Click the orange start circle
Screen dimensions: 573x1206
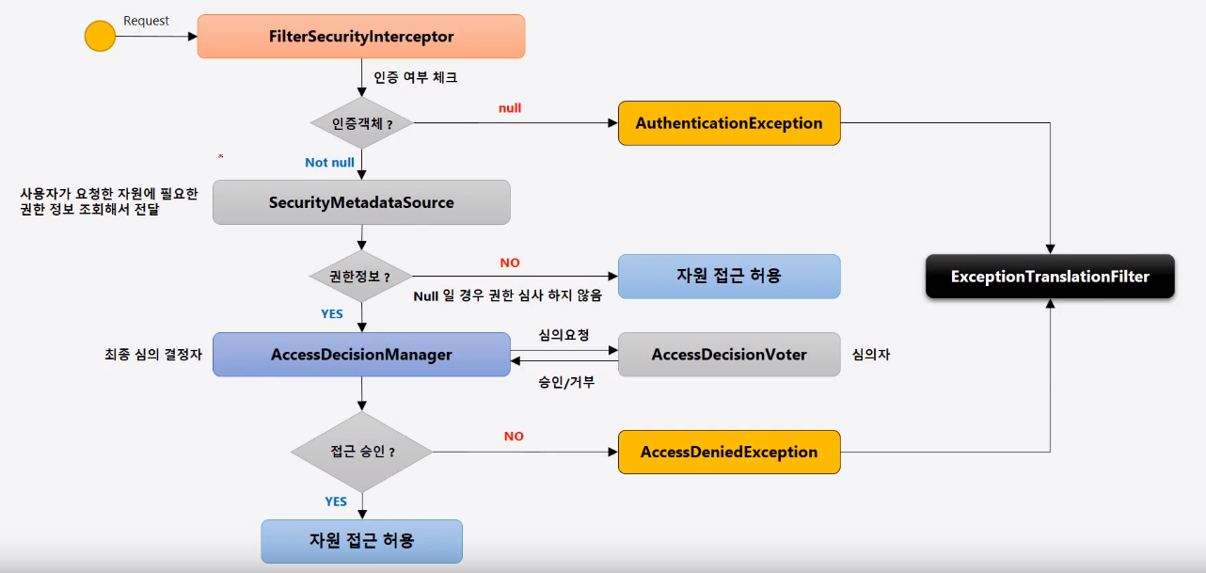point(100,37)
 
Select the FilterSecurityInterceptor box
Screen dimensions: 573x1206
point(360,37)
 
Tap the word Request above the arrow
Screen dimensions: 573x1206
point(146,21)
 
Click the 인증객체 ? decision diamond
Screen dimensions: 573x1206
point(361,123)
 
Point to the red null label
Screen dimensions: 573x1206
point(510,108)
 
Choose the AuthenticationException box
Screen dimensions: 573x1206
point(728,123)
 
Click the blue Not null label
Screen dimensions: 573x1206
point(329,163)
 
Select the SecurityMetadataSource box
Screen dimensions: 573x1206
point(361,202)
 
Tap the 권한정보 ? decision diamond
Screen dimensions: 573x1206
point(361,277)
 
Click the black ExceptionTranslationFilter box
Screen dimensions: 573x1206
point(1050,277)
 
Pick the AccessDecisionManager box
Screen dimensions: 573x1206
point(361,355)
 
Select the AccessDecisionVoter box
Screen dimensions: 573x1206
point(728,355)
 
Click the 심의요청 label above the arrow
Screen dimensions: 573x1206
point(563,335)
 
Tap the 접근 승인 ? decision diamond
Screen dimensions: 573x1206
point(361,452)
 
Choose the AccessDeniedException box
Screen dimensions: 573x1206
point(728,452)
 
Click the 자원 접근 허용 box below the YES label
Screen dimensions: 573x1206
point(361,541)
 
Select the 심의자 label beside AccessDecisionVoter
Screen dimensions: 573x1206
point(871,355)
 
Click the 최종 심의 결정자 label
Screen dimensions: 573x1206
point(153,355)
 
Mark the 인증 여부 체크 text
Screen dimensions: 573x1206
point(415,77)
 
